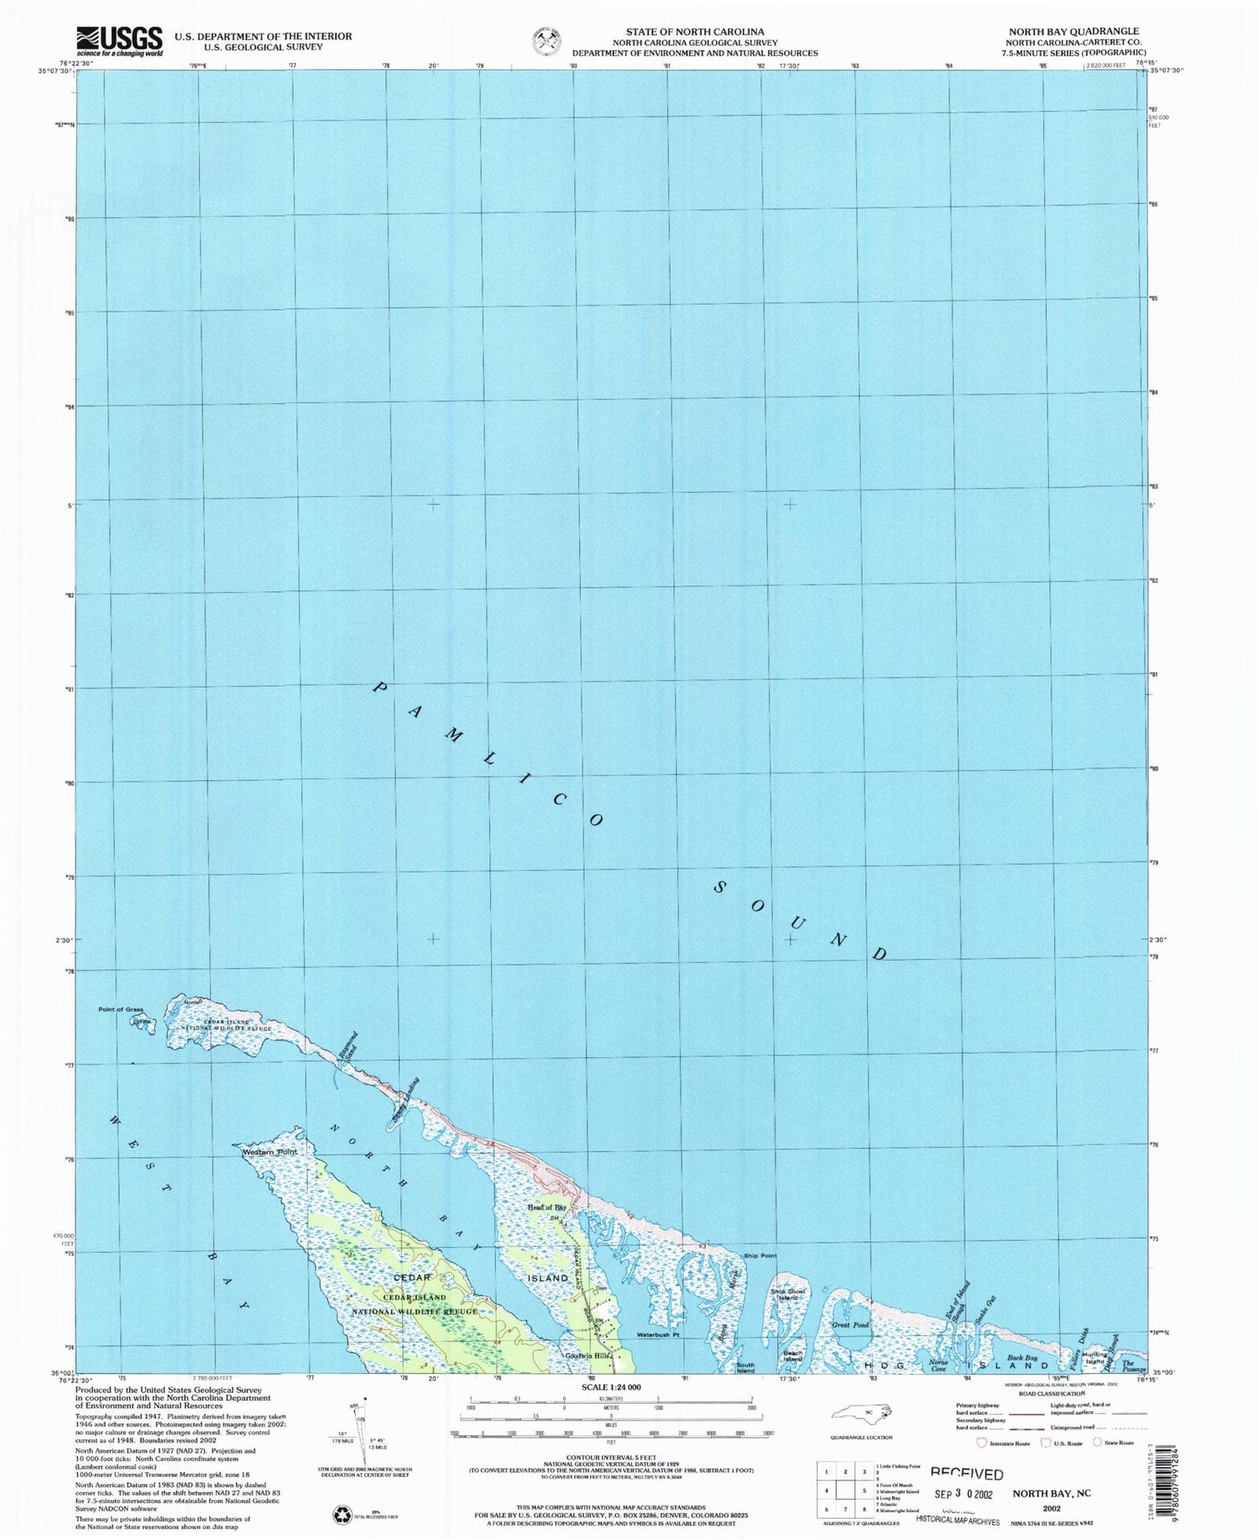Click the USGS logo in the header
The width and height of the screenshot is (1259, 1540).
(119, 40)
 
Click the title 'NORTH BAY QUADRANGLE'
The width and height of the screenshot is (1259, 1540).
(1074, 31)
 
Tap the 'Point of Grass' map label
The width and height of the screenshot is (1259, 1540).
(121, 1009)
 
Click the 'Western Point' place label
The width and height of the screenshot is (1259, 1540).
(269, 1152)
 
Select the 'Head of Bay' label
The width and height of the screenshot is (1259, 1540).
(546, 1207)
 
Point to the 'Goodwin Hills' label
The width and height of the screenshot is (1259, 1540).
(588, 1356)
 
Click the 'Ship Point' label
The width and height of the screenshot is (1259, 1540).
(760, 1256)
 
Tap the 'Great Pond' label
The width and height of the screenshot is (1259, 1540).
(850, 1325)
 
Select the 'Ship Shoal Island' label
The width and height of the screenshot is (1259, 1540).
(788, 1295)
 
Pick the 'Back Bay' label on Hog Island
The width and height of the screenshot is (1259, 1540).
(1022, 1358)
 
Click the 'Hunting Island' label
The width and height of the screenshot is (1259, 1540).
(1094, 1357)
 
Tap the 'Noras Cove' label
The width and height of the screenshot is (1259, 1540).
(938, 1365)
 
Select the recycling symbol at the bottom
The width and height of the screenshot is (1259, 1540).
(343, 1515)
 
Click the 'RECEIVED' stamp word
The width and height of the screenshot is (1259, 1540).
(966, 1474)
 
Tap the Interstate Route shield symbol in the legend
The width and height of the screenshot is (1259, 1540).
(981, 1443)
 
